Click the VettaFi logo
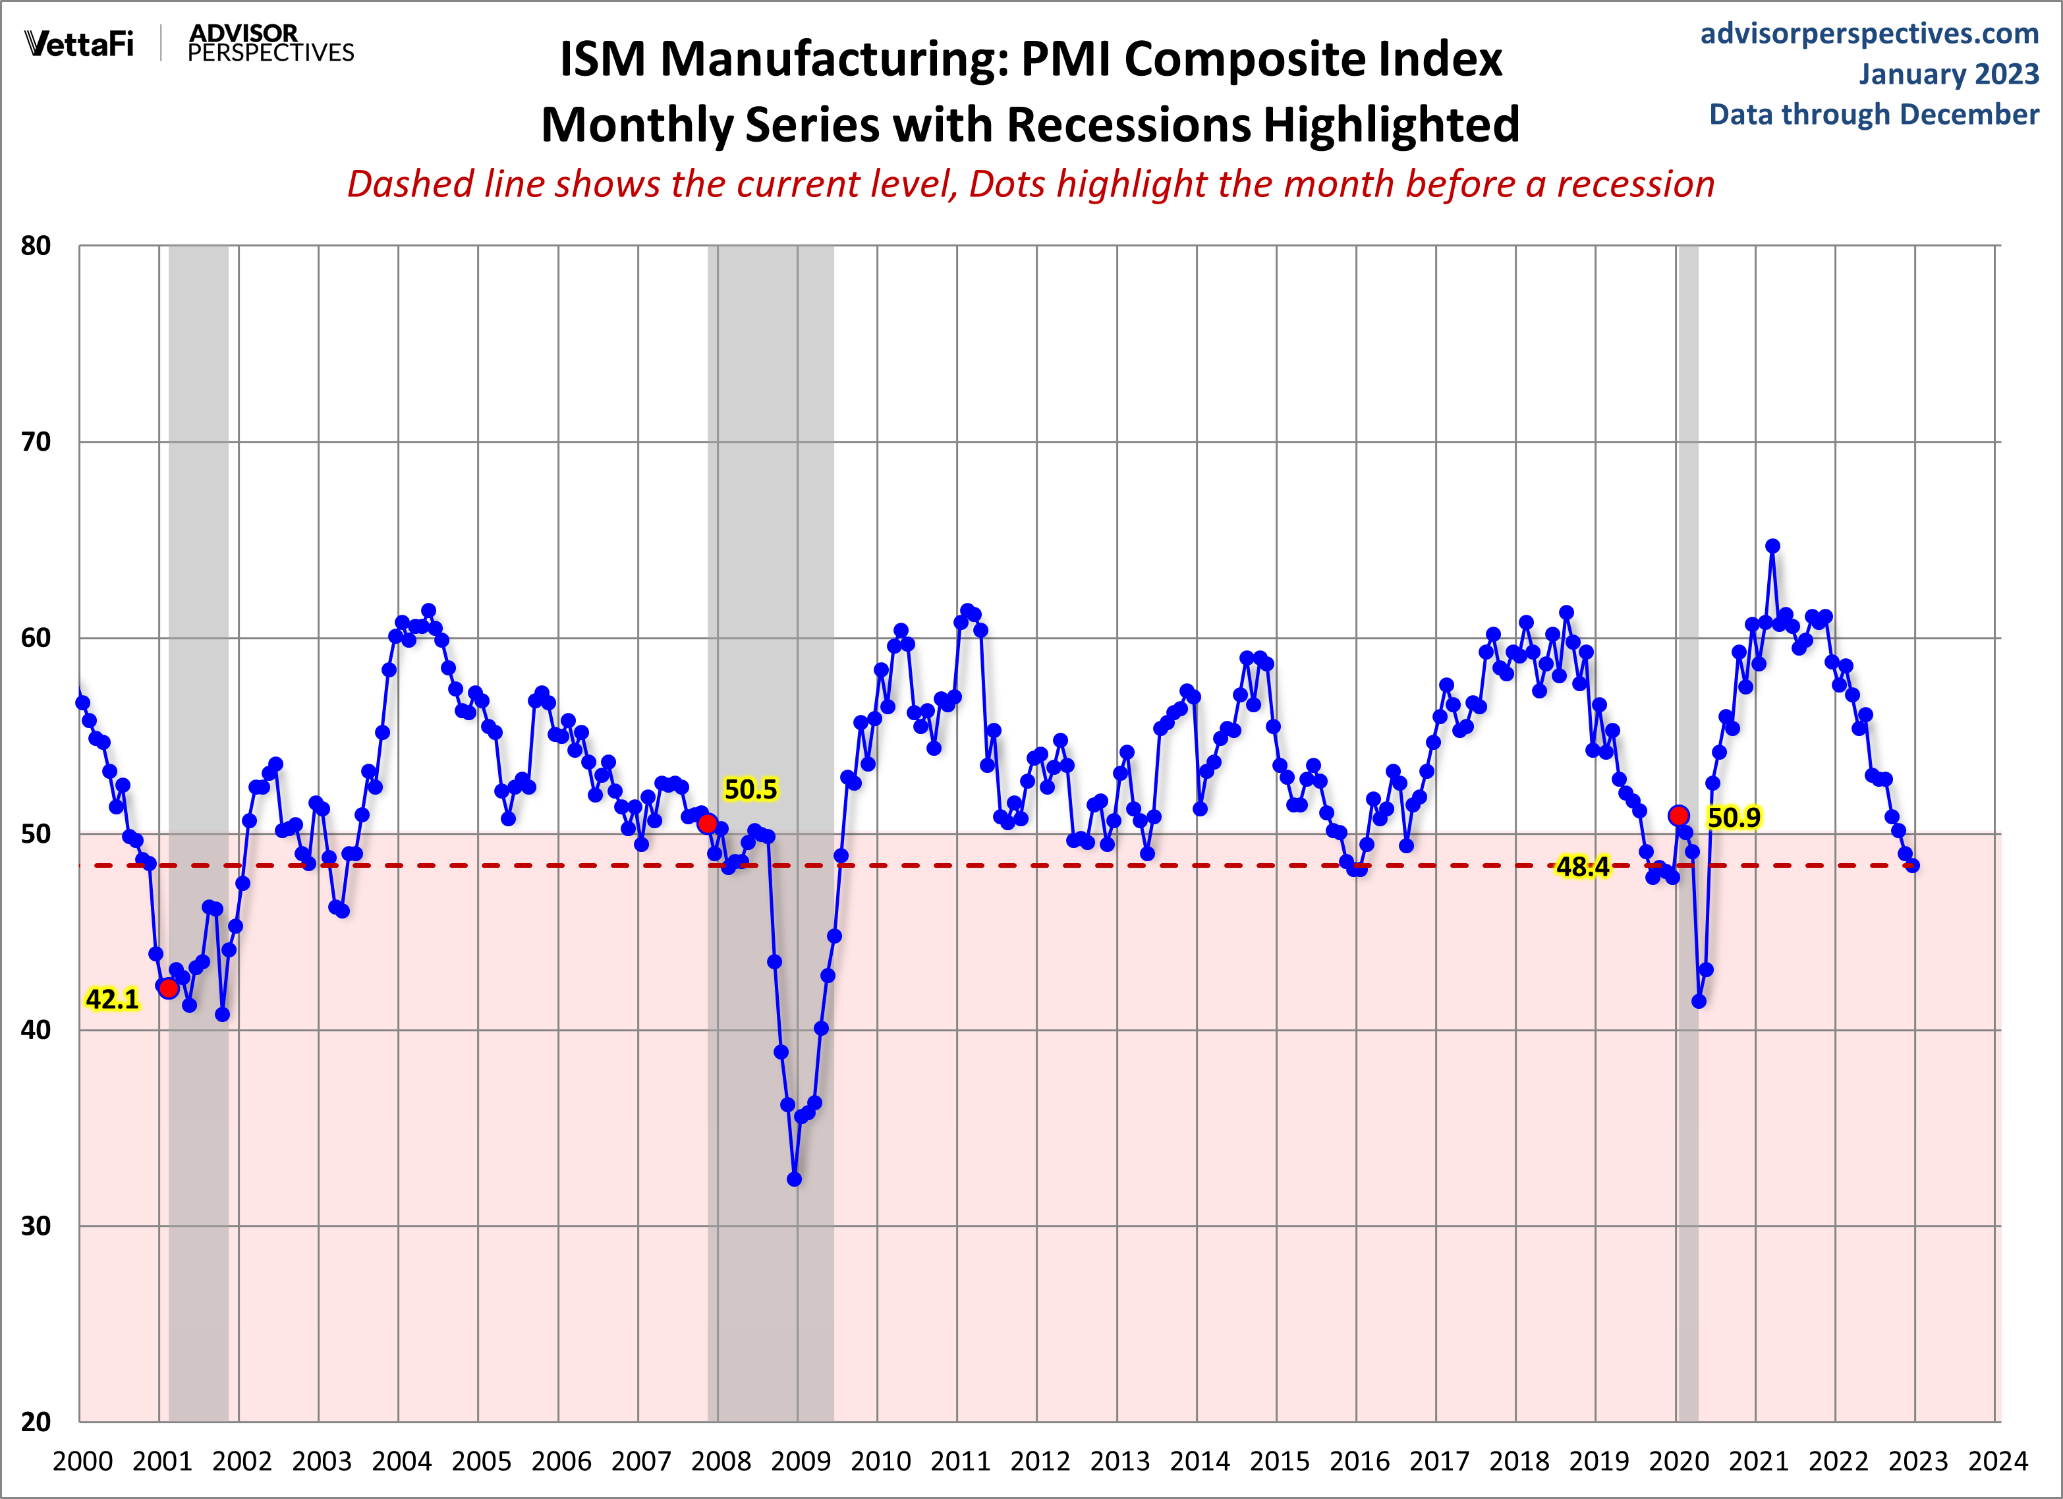(79, 43)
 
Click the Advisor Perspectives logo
(270, 43)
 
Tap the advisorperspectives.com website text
(1869, 34)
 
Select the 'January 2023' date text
(1948, 74)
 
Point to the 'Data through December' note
(1874, 115)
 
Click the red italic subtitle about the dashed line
(1031, 184)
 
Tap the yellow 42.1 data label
(112, 1000)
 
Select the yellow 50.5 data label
(750, 789)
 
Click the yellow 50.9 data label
(1734, 818)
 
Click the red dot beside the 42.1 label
(168, 988)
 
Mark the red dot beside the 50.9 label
(1679, 816)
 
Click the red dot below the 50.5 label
(707, 823)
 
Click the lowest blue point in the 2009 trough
(794, 1179)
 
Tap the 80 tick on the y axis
(36, 246)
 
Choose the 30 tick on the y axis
(36, 1226)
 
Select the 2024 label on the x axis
(1998, 1461)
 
